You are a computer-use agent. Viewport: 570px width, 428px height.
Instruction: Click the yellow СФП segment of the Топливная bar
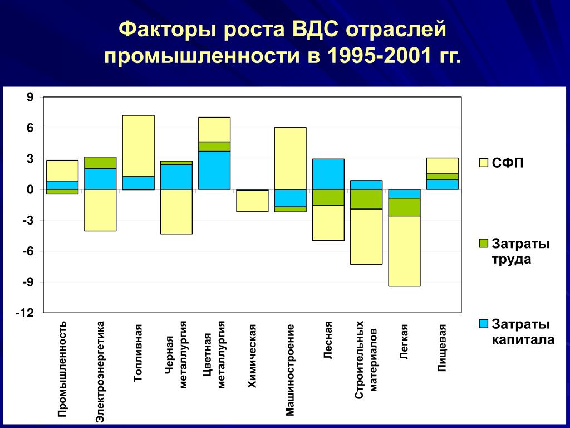point(139,146)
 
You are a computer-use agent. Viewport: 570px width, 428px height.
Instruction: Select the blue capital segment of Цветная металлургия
point(214,171)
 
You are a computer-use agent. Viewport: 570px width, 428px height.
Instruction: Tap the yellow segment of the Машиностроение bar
point(291,158)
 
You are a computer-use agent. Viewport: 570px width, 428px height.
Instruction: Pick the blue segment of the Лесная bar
point(328,174)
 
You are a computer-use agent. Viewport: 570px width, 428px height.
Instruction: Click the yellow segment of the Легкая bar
point(404,251)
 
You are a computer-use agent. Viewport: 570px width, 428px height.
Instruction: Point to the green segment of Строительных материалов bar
point(366,199)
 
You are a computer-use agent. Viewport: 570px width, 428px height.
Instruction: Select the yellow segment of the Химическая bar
point(252,201)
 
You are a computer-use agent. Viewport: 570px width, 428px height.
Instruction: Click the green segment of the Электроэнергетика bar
point(100,163)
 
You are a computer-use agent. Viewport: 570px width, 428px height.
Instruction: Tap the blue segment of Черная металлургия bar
point(176,177)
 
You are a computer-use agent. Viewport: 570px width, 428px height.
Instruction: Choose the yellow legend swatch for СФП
point(484,163)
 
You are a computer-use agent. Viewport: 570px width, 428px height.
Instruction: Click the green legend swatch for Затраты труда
point(484,244)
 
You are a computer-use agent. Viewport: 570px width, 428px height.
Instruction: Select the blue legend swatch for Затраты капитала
point(484,324)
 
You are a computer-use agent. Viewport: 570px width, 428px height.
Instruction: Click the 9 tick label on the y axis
point(30,97)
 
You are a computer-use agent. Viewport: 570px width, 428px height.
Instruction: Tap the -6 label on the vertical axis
point(28,251)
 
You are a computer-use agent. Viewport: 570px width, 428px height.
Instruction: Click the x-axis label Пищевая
point(441,348)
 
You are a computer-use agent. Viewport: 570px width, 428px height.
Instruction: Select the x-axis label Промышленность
point(62,369)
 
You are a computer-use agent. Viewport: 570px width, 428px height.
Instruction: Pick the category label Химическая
point(252,356)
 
